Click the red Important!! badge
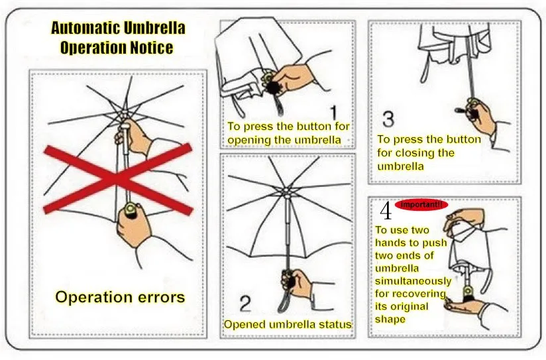click(x=421, y=205)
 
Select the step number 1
click(x=333, y=113)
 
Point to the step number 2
click(x=245, y=303)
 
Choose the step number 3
click(x=388, y=119)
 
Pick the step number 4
click(x=386, y=211)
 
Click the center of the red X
click(x=119, y=179)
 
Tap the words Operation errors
click(x=120, y=297)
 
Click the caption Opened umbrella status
click(x=288, y=324)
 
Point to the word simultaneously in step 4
click(x=413, y=281)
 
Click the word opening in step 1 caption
click(x=249, y=140)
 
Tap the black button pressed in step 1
click(x=274, y=87)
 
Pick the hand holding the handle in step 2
click(x=297, y=283)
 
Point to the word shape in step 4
click(x=390, y=320)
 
